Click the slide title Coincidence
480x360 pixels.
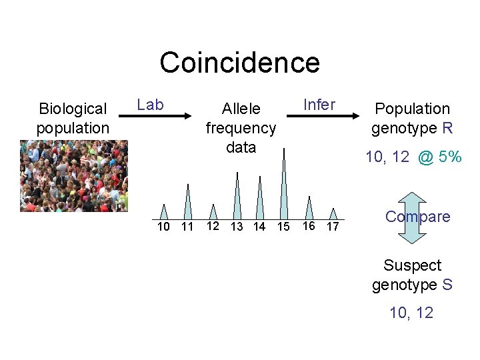pos(239,63)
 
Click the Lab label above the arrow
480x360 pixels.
pos(150,104)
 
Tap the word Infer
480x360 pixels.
pos(319,104)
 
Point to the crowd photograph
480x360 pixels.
pos(73,175)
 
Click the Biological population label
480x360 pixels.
pos(73,118)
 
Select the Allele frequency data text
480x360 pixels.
pos(241,127)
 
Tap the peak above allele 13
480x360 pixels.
pos(237,197)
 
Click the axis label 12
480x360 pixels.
pos(213,226)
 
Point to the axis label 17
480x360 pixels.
pos(332,227)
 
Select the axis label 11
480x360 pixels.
pos(187,227)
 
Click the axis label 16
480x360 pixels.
pos(309,226)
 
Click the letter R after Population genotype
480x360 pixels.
pos(447,128)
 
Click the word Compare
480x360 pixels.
pos(417,217)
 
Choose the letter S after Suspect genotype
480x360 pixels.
pos(447,285)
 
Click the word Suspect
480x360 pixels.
pos(412,265)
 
